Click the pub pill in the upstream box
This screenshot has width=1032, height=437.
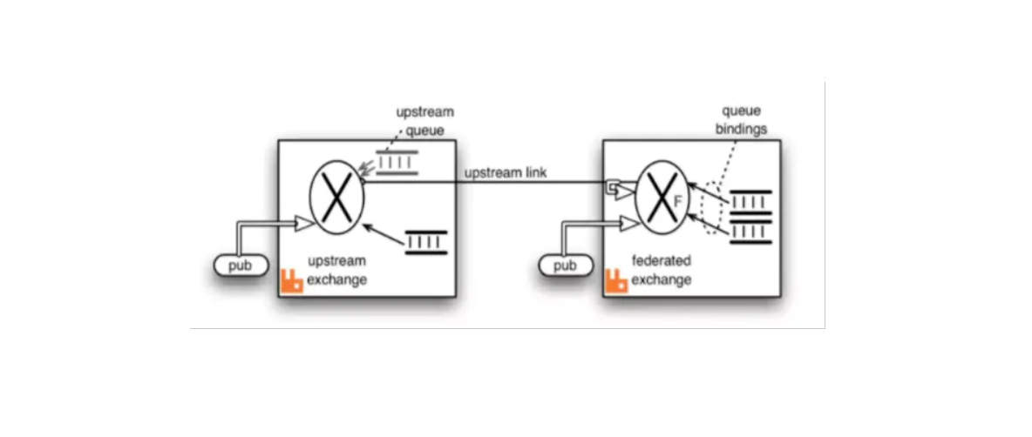(240, 266)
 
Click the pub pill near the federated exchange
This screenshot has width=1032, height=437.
(566, 265)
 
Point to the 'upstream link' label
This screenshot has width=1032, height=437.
(506, 172)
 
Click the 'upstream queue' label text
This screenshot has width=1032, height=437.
(424, 122)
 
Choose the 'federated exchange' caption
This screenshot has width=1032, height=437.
(662, 270)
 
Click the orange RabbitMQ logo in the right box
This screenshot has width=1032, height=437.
(617, 280)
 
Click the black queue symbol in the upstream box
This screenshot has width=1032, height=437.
(426, 241)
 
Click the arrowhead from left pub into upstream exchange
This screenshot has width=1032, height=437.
(304, 225)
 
